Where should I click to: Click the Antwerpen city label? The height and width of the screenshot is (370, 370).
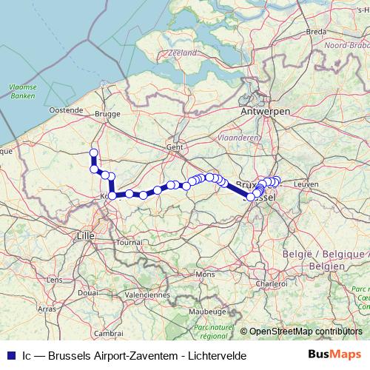265,110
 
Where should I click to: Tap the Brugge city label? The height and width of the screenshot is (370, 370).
107,115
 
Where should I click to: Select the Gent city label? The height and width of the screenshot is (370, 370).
175,147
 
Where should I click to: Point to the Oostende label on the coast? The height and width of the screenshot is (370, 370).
67,110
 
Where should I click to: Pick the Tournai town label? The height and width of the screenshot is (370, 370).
129,241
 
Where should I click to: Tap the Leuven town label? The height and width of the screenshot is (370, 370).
305,183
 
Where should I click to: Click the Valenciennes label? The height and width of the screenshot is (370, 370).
147,294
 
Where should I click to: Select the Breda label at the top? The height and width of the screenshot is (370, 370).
316,31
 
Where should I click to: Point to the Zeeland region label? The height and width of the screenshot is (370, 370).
182,53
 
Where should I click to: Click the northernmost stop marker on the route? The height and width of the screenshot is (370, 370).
94,153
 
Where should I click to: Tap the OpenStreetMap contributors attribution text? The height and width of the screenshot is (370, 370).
306,331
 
